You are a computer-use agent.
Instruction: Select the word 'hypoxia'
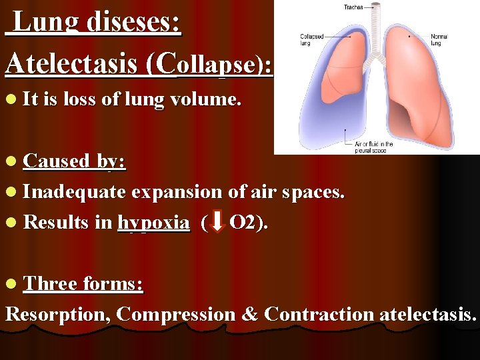point(153,223)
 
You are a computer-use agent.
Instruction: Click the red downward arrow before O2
point(217,222)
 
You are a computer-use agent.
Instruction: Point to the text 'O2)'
point(249,222)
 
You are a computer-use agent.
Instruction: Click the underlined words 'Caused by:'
point(75,161)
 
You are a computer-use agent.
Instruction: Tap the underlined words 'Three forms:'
point(83,284)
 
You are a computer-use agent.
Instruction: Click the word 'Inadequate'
point(74,192)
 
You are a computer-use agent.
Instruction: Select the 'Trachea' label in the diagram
point(353,7)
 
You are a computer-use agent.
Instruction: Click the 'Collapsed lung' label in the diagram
point(311,39)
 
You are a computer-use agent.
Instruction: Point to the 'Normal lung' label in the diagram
point(439,39)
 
